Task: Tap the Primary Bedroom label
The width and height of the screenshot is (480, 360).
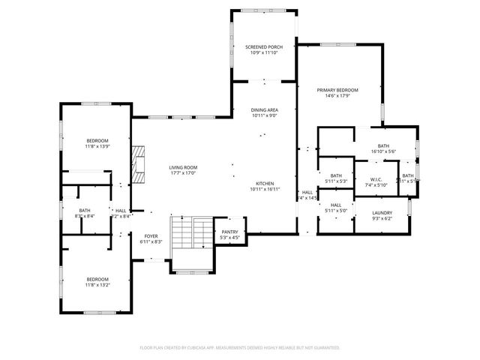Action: pyautogui.click(x=333, y=89)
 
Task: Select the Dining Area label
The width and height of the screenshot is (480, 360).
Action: pyautogui.click(x=263, y=110)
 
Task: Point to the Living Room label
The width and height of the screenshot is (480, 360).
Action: pyautogui.click(x=181, y=167)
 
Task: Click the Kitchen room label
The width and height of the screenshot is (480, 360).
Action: pyautogui.click(x=263, y=184)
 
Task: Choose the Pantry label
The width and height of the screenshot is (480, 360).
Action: pyautogui.click(x=229, y=232)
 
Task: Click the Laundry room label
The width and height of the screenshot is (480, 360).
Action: pyautogui.click(x=382, y=213)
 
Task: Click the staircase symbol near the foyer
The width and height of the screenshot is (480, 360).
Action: pyautogui.click(x=190, y=233)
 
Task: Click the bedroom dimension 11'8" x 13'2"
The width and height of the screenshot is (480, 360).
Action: pyautogui.click(x=97, y=284)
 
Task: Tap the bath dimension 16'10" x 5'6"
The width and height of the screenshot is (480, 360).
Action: pyautogui.click(x=383, y=151)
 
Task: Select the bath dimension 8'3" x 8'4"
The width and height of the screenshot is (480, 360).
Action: pyautogui.click(x=84, y=216)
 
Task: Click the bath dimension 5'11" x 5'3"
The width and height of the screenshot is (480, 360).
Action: pyautogui.click(x=335, y=181)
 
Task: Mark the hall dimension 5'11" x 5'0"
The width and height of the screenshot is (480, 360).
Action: pyautogui.click(x=335, y=211)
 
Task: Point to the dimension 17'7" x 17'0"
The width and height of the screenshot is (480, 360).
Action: pyautogui.click(x=181, y=172)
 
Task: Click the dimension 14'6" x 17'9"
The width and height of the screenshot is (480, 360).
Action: pyautogui.click(x=333, y=94)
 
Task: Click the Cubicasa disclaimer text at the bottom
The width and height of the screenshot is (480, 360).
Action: pyautogui.click(x=240, y=347)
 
